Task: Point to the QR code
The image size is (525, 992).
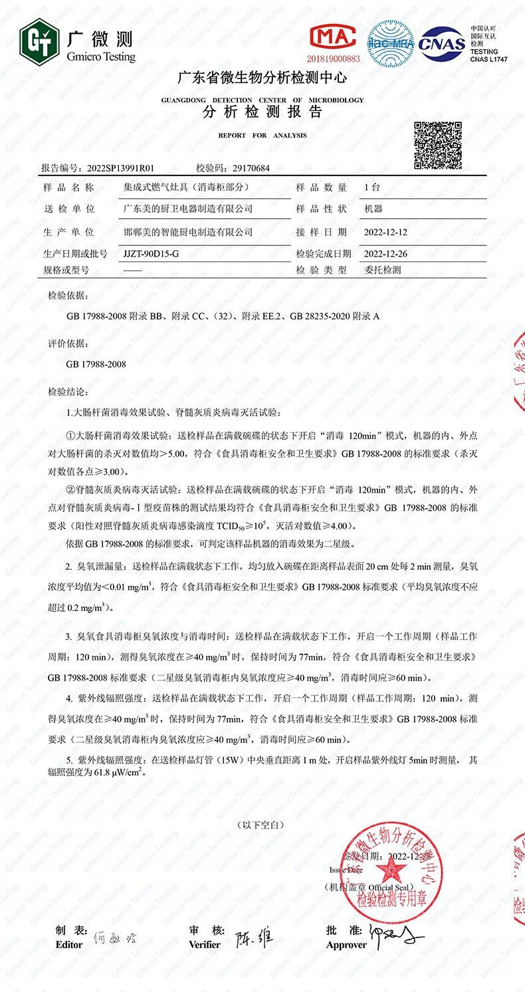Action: (x=438, y=146)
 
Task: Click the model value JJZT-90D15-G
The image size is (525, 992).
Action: (x=152, y=254)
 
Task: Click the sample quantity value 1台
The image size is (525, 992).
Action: (x=372, y=187)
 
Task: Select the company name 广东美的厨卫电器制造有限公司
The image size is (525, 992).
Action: (x=189, y=209)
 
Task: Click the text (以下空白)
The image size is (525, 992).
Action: (x=262, y=824)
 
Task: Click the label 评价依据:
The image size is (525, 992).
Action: (x=68, y=344)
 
